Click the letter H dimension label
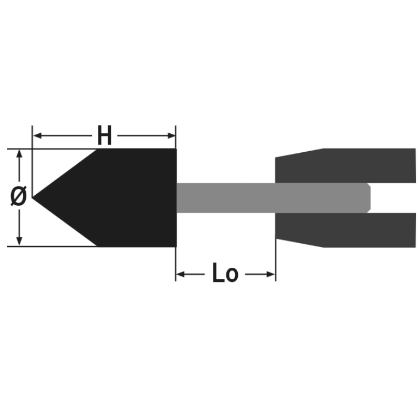(104, 135)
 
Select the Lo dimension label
(225, 272)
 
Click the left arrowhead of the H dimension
(37, 135)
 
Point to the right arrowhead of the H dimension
(171, 135)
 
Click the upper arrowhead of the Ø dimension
(19, 153)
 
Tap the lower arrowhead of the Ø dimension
(19, 241)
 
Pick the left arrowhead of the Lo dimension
(181, 274)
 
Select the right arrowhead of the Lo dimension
(270, 274)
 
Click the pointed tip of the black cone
(33, 198)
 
